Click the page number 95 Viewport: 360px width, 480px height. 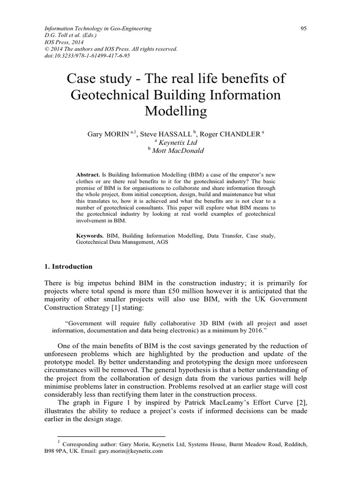303,29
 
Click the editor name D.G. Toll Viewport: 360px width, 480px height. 58,35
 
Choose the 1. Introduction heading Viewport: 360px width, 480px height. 68,267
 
